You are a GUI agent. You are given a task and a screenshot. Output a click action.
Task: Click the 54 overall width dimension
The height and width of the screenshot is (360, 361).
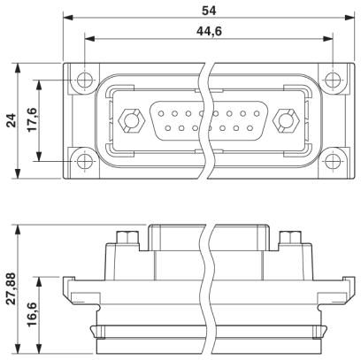point(209,11)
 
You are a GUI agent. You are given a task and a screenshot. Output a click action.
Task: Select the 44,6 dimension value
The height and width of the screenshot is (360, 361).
point(209,31)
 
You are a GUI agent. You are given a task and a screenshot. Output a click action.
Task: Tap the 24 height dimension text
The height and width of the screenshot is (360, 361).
point(12,120)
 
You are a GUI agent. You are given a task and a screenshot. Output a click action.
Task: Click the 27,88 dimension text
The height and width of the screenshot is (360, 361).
point(12,289)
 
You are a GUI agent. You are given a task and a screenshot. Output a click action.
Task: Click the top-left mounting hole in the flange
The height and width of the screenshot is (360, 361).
point(85,80)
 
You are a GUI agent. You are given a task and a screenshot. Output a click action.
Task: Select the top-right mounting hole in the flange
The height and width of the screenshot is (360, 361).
point(333,80)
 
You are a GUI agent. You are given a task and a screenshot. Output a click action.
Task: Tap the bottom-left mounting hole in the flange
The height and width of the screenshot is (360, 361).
point(85,161)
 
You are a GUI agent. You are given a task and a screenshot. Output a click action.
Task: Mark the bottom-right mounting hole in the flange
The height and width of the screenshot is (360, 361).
point(333,161)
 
